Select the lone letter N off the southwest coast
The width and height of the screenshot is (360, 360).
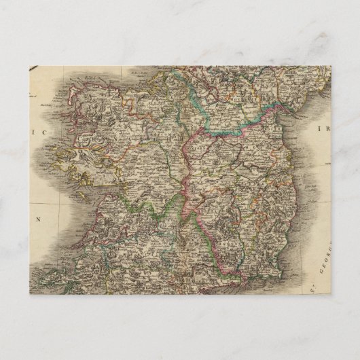point(39,219)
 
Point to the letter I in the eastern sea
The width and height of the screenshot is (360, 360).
point(317,127)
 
